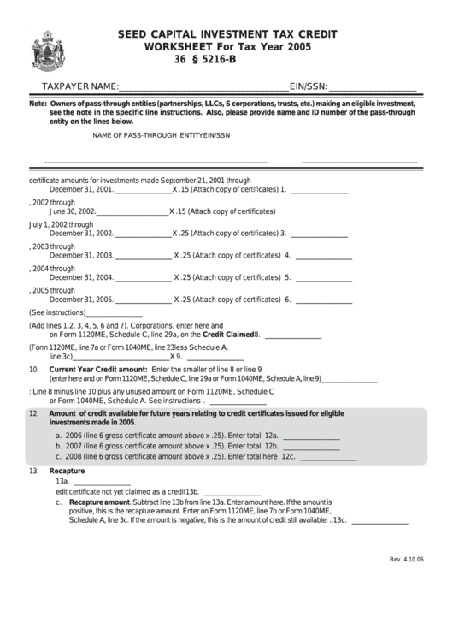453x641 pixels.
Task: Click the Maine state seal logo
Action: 43,50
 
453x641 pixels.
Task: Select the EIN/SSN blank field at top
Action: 373,87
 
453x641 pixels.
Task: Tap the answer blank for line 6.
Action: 323,300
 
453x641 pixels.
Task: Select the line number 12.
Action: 34,413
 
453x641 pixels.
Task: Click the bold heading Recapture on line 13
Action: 67,471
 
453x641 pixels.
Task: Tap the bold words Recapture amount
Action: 99,502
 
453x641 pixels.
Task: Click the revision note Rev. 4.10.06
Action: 406,560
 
